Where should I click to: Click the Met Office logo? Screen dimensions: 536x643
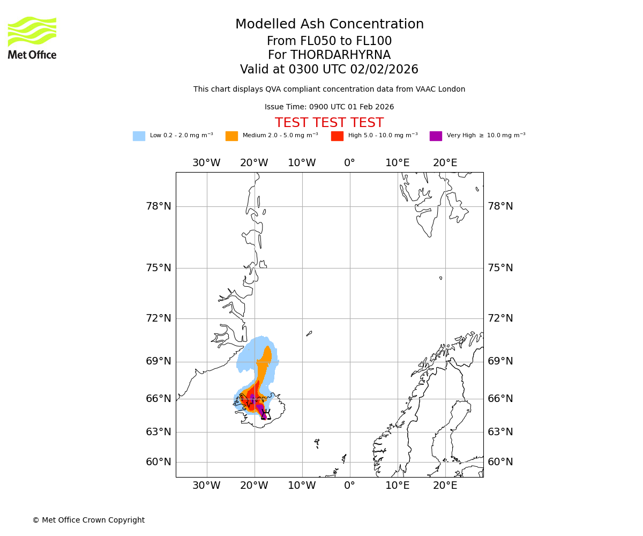click(x=32, y=38)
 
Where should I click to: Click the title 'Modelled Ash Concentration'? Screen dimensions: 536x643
click(x=330, y=25)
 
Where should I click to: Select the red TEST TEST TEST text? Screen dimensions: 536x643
click(x=329, y=123)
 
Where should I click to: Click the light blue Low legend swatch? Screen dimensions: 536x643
click(x=139, y=136)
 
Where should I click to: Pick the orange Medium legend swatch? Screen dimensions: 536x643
click(x=231, y=136)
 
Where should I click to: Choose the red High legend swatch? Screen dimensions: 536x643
click(x=337, y=136)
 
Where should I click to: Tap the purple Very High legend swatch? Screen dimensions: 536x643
click(x=436, y=136)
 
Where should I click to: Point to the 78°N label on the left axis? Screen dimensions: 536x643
click(x=159, y=206)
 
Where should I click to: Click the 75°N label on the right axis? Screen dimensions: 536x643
click(x=500, y=268)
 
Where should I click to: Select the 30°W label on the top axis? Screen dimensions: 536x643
click(x=206, y=163)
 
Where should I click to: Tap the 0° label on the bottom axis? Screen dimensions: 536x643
click(x=349, y=486)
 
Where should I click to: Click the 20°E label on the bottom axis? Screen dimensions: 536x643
click(x=445, y=486)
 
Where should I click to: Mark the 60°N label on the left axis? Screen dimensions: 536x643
click(x=159, y=462)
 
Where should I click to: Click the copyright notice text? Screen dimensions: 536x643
click(x=88, y=520)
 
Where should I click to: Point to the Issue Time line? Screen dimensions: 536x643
click(x=329, y=107)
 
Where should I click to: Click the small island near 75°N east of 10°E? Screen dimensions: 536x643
click(x=440, y=278)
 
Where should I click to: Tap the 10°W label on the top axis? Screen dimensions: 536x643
click(x=302, y=163)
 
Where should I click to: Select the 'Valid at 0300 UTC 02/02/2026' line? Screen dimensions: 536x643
click(x=329, y=70)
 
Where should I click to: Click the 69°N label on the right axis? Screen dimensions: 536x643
click(x=500, y=361)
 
